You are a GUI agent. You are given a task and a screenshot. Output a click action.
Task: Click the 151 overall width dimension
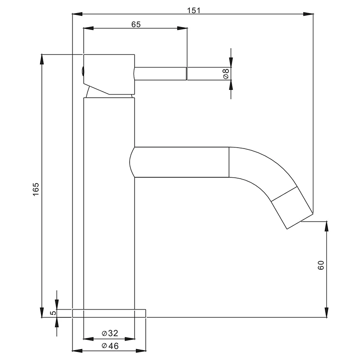click(194, 10)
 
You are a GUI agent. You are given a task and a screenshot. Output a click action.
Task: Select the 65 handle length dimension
click(136, 24)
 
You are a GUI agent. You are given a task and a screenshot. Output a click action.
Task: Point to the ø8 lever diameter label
click(226, 73)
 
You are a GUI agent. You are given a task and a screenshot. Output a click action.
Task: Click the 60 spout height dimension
click(321, 265)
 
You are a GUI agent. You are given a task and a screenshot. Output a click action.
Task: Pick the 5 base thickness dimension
click(53, 313)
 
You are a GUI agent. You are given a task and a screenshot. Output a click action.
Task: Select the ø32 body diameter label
click(110, 333)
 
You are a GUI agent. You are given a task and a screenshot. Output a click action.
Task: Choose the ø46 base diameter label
click(110, 346)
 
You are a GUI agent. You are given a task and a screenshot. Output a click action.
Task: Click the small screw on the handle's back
click(82, 71)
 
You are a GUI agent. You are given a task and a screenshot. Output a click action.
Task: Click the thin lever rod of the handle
click(160, 74)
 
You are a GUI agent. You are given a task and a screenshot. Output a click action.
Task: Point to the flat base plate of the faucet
click(109, 313)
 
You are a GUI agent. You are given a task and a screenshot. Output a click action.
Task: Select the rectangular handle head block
click(109, 74)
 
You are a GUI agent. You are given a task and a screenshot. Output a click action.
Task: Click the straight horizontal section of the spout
click(179, 162)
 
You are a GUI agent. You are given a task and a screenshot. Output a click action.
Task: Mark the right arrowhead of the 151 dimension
click(308, 14)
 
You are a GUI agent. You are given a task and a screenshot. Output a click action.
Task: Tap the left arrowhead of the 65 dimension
click(89, 28)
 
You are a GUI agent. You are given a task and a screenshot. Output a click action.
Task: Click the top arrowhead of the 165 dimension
click(42, 59)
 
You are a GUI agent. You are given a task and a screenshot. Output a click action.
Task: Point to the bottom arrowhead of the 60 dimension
click(327, 312)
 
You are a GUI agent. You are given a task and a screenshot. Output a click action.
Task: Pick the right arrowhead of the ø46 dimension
click(141, 351)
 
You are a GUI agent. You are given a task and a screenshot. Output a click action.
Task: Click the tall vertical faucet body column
click(109, 203)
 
